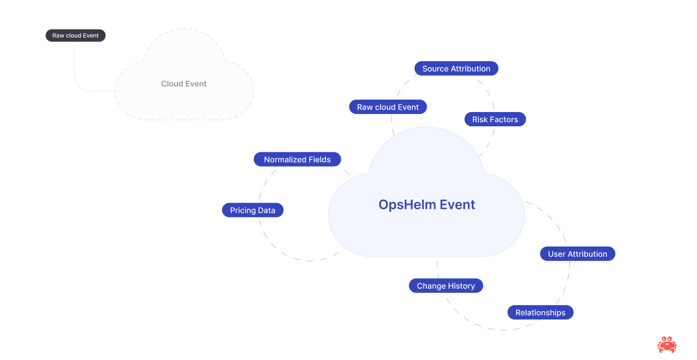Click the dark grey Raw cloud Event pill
click(75, 36)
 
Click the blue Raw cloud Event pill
click(388, 107)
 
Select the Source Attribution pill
click(456, 69)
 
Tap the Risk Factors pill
click(495, 120)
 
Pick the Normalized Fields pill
click(297, 159)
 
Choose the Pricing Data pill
click(252, 210)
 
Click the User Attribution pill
click(577, 254)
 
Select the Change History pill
click(445, 286)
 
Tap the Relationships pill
click(540, 313)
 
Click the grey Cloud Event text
click(184, 84)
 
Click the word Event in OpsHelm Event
click(458, 205)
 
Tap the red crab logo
click(666, 345)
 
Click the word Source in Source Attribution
click(435, 69)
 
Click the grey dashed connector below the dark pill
click(75, 66)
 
